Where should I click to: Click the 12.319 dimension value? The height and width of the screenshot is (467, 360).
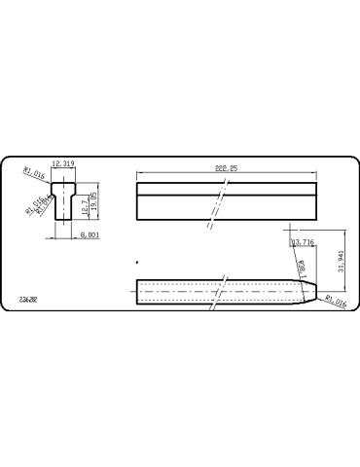62,164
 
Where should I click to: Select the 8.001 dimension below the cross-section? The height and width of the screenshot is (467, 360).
90,234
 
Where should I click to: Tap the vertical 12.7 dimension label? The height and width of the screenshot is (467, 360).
87,206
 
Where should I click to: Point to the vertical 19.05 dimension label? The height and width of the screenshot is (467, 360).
95,200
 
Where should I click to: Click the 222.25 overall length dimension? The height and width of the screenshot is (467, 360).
228,168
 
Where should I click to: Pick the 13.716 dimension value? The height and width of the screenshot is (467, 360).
303,240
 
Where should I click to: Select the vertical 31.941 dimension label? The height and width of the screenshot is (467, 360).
341,263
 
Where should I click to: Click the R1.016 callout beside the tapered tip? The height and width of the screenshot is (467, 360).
335,304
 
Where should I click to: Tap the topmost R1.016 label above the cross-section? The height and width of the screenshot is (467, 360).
34,172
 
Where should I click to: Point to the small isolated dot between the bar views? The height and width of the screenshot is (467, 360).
137,263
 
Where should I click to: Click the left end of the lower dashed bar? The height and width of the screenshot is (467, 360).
137,292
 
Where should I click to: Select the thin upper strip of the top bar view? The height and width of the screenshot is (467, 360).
227,189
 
